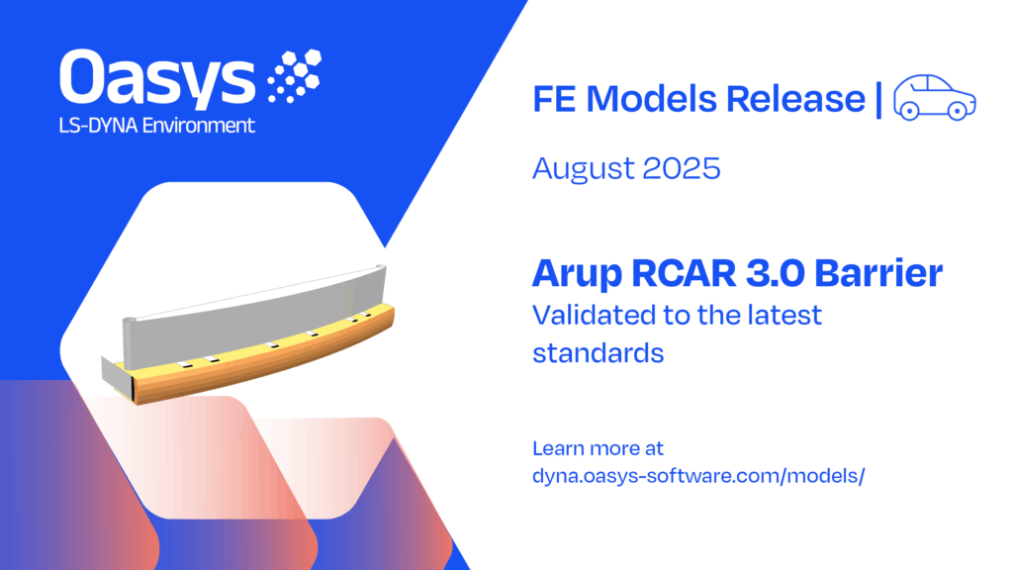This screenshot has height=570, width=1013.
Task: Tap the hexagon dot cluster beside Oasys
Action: tap(295, 75)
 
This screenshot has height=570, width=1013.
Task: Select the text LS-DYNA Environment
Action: tap(157, 126)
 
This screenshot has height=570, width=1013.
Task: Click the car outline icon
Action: tap(934, 98)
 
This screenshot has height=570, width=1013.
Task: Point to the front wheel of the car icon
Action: tap(958, 111)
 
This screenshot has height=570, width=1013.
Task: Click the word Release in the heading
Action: tap(795, 99)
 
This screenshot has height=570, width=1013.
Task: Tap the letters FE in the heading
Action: tap(554, 99)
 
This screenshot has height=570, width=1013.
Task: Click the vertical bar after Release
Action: tap(878, 99)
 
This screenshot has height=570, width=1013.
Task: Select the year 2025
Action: tap(682, 168)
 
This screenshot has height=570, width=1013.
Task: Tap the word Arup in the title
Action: tap(577, 275)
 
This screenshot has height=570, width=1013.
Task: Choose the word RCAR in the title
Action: tap(683, 273)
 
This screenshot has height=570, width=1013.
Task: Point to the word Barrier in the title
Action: tap(878, 273)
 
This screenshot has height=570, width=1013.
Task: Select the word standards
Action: tap(599, 353)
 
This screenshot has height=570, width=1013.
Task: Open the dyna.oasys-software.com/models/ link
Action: tap(698, 476)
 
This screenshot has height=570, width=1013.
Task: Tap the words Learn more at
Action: tap(598, 448)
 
